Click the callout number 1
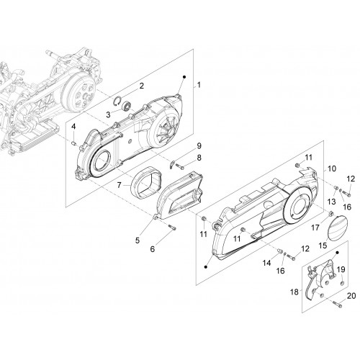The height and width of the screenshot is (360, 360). click(199, 85)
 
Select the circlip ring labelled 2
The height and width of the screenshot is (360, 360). click(117, 101)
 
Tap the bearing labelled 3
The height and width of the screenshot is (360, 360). click(126, 106)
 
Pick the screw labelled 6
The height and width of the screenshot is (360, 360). click(172, 227)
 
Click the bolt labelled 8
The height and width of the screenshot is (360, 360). click(180, 166)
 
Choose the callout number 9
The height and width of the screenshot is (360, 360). click(199, 146)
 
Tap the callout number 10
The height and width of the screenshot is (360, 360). click(332, 168)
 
